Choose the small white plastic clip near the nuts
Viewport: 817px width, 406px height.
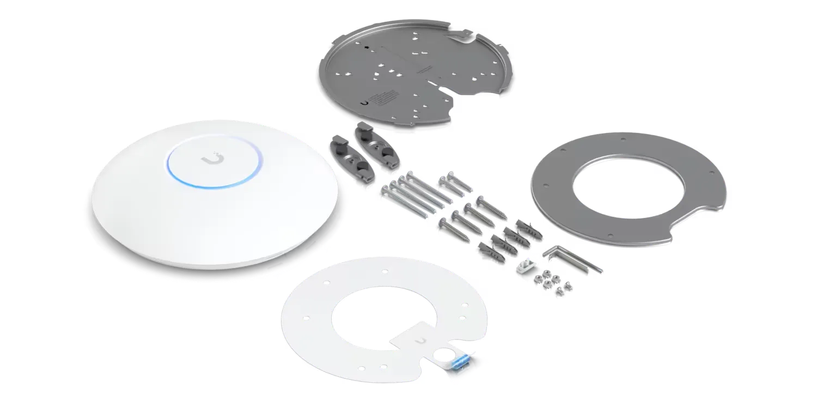[x=526, y=270]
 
